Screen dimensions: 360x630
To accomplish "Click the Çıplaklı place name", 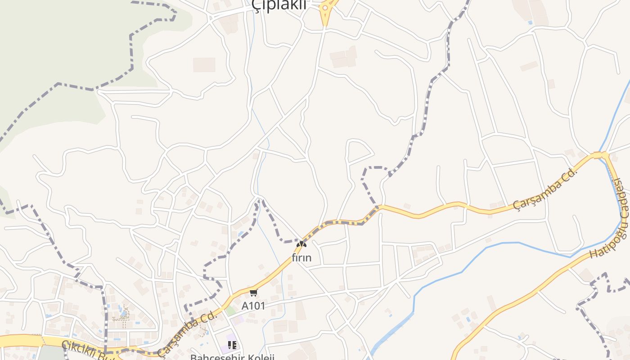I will tap(279, 4).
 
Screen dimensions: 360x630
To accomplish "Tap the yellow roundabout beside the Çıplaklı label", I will tap(325, 8).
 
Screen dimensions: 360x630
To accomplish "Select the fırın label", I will tap(301, 258).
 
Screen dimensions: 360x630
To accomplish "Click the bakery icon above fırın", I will tap(301, 244).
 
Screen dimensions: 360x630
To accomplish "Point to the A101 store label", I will tap(253, 306).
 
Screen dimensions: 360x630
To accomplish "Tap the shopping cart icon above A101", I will tap(253, 293).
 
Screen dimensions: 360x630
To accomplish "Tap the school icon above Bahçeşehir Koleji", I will tap(232, 345).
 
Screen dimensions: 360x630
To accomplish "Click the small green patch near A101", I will tap(230, 310).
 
